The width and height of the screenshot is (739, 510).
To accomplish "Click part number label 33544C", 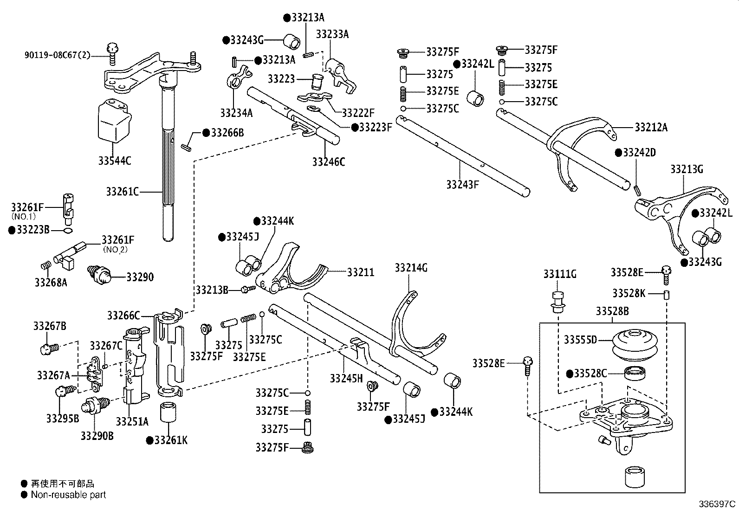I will (x=114, y=161).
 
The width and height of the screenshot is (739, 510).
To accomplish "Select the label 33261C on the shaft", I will (x=123, y=191).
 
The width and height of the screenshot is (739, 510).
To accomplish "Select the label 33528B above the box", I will (x=612, y=311).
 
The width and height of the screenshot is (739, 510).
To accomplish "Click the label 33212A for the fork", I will (x=651, y=127).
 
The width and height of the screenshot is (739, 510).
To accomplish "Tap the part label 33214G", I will (x=411, y=268).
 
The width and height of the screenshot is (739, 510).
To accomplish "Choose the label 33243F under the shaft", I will (x=462, y=184).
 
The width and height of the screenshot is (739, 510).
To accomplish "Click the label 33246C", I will (x=329, y=161).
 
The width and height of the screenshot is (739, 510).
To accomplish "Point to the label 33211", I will (x=360, y=272).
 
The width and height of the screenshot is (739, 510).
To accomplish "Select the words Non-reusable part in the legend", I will (x=68, y=495).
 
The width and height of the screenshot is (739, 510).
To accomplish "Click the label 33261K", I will (x=171, y=440).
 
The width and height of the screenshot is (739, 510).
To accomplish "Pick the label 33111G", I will (x=560, y=274).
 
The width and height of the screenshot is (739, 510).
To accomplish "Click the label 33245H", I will (x=346, y=378).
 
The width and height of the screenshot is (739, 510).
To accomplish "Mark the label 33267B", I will (x=49, y=326).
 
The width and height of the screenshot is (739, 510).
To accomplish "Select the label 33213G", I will (x=687, y=169).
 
